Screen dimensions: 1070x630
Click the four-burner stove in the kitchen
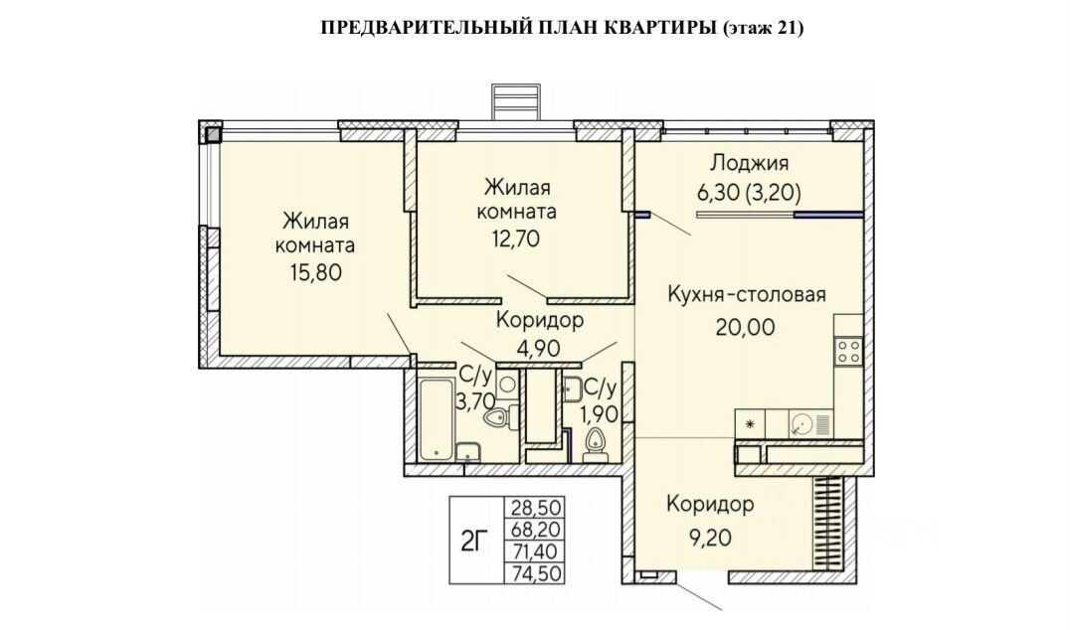848,350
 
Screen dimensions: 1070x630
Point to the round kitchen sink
803,424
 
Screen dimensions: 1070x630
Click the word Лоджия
748,164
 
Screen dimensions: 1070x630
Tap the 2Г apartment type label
476,542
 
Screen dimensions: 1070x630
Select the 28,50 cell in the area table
536,507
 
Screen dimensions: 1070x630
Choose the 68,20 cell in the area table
536,528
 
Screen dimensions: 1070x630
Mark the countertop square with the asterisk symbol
749,424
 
